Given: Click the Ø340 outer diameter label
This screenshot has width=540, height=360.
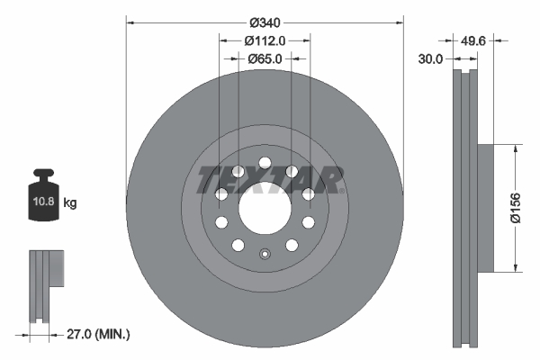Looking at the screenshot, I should (265, 22).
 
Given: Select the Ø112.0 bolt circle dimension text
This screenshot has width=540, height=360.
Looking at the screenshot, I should (265, 40).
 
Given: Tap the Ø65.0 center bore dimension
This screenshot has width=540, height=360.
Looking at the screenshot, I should (265, 58).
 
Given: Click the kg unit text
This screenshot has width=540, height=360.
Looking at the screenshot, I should (69, 203).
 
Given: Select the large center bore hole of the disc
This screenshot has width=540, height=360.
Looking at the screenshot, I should (265, 209).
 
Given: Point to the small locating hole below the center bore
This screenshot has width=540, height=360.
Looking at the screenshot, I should (265, 253).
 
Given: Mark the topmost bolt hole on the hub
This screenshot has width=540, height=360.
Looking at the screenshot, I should (265, 164).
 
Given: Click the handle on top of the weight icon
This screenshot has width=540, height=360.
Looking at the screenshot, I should (42, 175).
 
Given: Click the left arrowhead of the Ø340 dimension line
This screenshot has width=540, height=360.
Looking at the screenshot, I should (130, 22).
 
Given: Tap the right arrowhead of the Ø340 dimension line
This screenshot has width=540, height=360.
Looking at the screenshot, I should (400, 22).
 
